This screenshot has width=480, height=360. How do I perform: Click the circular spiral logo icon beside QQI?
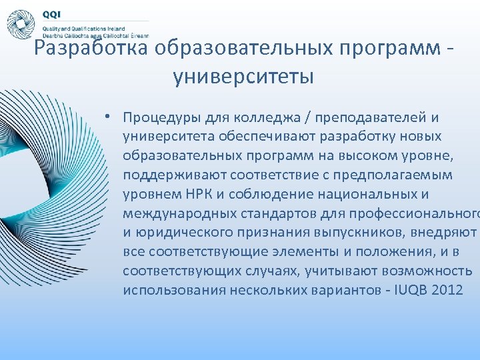[x=21, y=25]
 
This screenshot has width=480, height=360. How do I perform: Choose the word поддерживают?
[x=175, y=175]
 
